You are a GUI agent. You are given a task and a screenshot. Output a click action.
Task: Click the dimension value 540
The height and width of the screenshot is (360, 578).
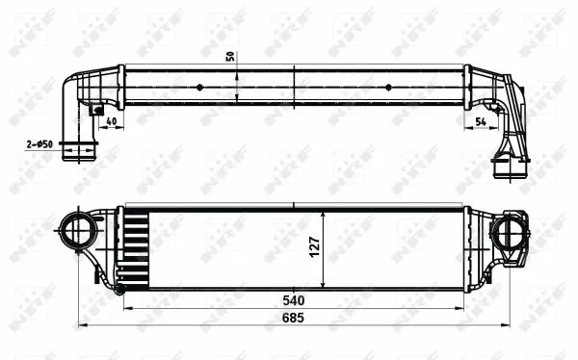[294, 299]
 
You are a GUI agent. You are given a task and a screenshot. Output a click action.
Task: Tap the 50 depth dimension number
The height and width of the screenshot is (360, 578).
[230, 55]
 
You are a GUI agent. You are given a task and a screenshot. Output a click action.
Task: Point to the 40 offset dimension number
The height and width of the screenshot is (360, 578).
[112, 121]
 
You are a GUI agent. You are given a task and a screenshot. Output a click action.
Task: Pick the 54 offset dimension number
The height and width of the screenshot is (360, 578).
[481, 121]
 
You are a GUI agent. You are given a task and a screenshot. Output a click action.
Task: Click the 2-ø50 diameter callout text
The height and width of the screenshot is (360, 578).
[39, 144]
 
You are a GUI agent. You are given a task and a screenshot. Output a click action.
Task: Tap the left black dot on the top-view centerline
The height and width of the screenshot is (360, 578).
[199, 87]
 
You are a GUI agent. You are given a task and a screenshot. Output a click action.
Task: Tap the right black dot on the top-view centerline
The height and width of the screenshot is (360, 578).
[389, 87]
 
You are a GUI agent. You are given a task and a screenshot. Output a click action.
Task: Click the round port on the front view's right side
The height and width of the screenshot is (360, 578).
[505, 232]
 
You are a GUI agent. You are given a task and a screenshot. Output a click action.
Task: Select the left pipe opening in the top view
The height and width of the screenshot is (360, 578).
[79, 151]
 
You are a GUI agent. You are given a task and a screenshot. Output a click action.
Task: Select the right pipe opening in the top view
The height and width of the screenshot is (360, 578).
[508, 168]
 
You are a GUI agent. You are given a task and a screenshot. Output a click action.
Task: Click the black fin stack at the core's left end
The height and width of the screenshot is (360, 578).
[136, 248]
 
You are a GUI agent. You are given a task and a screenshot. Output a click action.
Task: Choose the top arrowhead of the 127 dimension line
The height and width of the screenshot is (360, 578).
[326, 212]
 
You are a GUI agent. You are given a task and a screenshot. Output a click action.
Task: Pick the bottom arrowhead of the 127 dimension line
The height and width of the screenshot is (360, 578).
[326, 285]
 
